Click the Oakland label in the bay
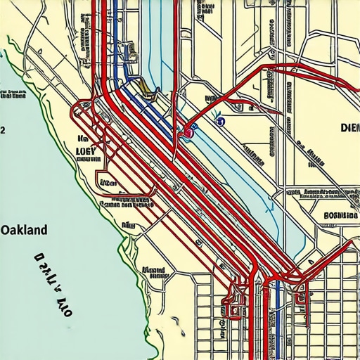click(24, 230)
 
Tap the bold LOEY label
click(89, 150)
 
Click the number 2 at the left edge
click(3, 130)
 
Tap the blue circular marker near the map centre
click(220, 122)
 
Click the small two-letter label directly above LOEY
click(82, 139)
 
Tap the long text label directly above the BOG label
click(320, 192)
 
